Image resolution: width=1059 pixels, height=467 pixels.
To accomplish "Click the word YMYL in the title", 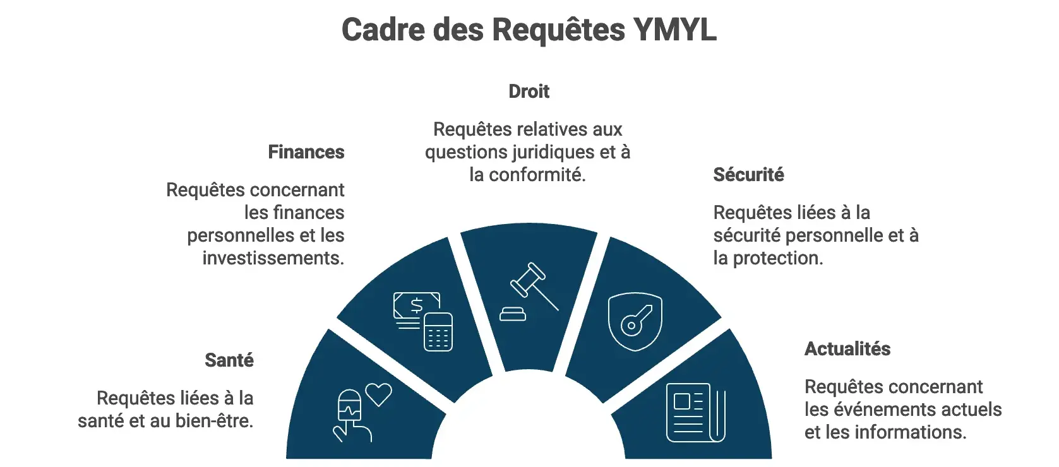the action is click(x=674, y=30).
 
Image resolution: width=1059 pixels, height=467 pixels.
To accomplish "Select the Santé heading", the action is click(x=229, y=360).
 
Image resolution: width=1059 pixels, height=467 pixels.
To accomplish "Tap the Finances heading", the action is click(x=306, y=152).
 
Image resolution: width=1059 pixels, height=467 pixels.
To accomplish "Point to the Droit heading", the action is click(x=529, y=92).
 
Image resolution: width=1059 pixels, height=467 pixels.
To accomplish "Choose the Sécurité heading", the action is click(x=748, y=174).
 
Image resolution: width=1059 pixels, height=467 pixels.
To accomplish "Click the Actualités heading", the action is click(x=847, y=349).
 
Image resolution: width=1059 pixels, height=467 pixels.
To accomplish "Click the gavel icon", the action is click(x=529, y=292).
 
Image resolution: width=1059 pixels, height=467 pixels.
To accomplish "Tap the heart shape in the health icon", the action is click(x=379, y=394).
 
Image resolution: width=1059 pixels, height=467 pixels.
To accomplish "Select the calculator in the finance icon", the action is click(x=438, y=332).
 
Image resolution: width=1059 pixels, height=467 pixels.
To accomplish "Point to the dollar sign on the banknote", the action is click(x=417, y=306).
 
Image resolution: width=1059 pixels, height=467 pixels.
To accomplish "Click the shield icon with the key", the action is click(x=635, y=322).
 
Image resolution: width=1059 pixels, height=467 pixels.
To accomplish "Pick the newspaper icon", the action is click(x=695, y=413).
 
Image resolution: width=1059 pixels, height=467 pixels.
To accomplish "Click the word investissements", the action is click(x=273, y=258).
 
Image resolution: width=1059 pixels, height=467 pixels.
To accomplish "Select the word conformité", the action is click(x=537, y=175).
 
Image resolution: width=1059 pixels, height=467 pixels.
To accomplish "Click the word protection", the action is click(x=778, y=258).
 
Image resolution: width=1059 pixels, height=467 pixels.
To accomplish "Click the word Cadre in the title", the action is click(x=383, y=30).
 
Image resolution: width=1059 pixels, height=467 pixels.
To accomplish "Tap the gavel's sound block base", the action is click(x=513, y=314).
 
